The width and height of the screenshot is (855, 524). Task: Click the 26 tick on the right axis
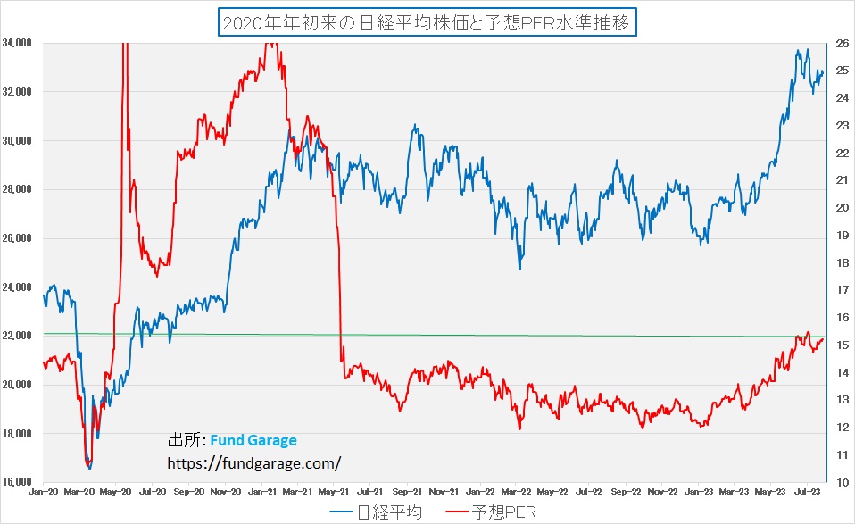click(842, 43)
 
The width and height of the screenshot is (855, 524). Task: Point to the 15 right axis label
click(842, 345)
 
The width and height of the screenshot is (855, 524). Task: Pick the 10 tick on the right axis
click(842, 482)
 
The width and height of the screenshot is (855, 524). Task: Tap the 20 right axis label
click(842, 208)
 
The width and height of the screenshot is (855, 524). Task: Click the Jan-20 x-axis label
click(43, 492)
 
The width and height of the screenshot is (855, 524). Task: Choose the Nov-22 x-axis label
click(662, 492)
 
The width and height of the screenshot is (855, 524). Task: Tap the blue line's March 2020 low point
click(89, 468)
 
